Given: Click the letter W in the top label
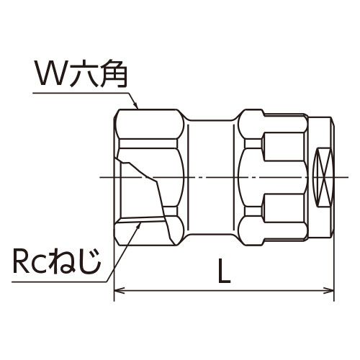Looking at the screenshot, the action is pos(50,73).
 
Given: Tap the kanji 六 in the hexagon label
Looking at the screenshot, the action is pos(81,73).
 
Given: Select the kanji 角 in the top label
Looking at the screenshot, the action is pos(112,73).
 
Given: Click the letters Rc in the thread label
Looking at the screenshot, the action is pos(30,261).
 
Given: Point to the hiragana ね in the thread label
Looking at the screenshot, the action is pos(62,261).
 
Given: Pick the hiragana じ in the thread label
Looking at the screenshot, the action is pos(89,261).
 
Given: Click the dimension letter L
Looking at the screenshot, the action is pos(224,271).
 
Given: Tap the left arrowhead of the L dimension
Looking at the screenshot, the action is pos(120,290).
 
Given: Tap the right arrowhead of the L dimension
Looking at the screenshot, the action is pos(328,290).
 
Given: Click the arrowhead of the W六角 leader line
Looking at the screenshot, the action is pos(136,105).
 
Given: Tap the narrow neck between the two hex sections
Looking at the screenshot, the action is pos(211,177).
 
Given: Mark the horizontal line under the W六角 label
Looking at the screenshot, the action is pos(81,93).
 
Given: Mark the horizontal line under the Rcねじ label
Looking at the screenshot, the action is pos(60,282).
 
